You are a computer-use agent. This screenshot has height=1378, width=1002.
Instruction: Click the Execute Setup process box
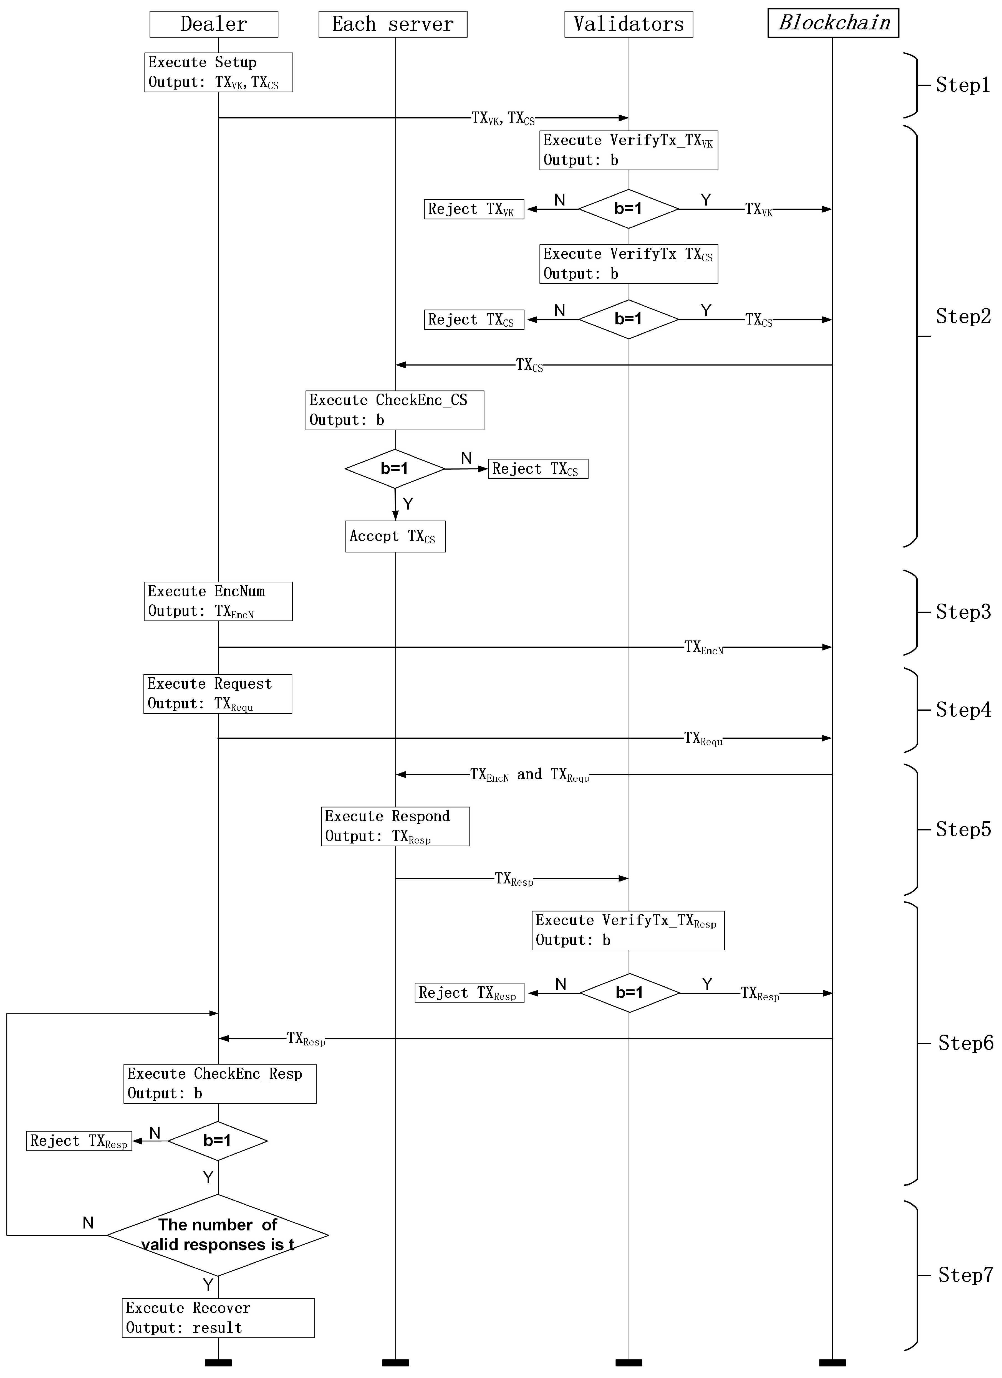(218, 72)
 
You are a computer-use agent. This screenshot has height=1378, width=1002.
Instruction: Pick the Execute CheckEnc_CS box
(395, 410)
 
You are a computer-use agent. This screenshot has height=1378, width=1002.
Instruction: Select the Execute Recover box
(218, 1318)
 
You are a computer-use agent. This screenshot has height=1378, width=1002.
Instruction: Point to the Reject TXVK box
(474, 209)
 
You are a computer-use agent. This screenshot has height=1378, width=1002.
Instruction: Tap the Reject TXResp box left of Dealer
(79, 1141)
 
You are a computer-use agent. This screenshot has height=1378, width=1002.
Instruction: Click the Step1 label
(963, 85)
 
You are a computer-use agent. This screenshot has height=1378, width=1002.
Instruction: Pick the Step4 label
(963, 710)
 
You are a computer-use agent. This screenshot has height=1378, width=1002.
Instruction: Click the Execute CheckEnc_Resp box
(219, 1083)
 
